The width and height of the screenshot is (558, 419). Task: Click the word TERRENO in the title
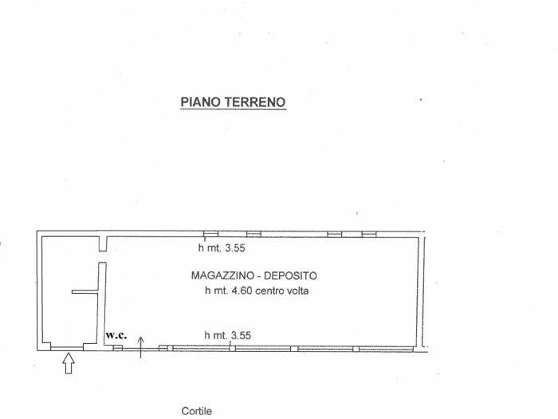coord(254,102)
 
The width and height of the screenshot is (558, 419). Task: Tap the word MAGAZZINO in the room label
coord(222,275)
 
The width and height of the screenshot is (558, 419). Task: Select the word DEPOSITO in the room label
coord(290,275)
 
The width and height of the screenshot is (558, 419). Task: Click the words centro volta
coord(282,291)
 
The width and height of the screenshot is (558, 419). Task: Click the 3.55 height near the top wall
coord(235,248)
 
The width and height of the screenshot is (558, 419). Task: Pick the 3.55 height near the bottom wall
coord(241,335)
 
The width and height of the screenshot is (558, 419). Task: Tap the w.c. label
coord(116,335)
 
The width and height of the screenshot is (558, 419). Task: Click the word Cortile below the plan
coord(196,411)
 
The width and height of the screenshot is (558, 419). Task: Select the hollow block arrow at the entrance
coord(69,363)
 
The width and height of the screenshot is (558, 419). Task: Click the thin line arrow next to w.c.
coord(141,347)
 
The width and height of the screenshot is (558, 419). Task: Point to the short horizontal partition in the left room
coord(84,292)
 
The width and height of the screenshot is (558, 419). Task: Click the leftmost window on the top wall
coord(210,234)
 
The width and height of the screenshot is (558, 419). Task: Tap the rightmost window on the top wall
coord(369,234)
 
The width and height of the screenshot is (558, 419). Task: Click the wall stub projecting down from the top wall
coord(103,243)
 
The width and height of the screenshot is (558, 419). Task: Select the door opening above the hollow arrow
coord(67,347)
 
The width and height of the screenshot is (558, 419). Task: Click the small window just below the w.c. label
coord(118,347)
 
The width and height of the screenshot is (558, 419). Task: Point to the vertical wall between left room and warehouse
coord(102,303)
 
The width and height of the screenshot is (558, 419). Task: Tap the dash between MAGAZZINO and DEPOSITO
coord(259,276)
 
